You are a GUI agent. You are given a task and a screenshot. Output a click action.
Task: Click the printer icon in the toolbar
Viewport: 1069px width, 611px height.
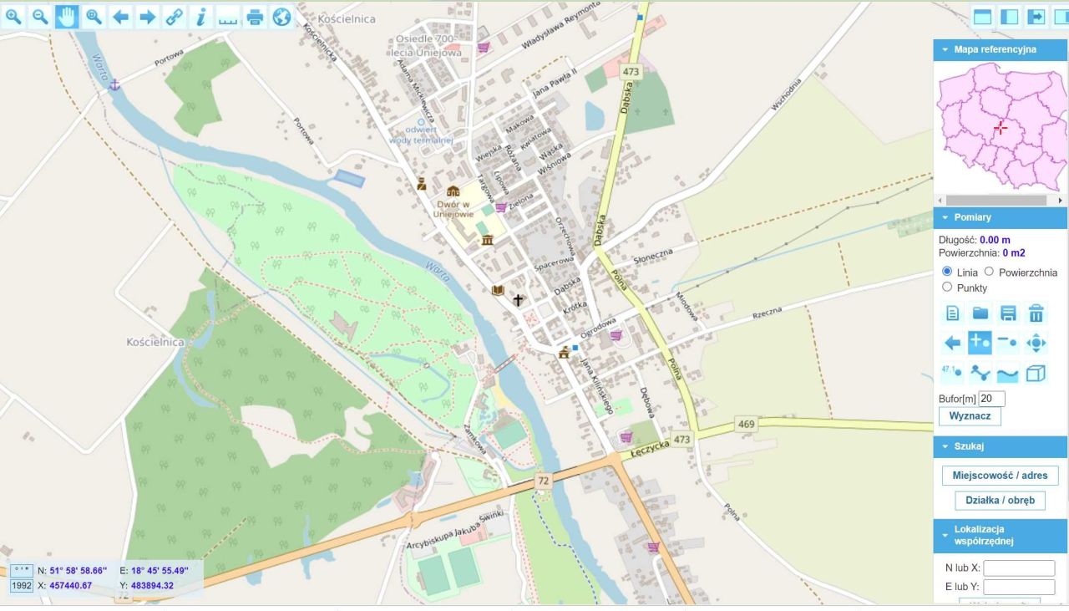pos(255,17)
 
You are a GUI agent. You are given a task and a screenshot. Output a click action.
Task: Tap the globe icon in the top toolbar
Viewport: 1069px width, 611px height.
pos(281,17)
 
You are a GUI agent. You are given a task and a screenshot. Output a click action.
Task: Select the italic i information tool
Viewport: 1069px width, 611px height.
pos(200,17)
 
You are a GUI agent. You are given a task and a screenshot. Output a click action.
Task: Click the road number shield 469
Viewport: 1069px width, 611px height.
pos(746,425)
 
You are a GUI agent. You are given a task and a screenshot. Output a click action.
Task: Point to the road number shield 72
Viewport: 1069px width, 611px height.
pos(544,481)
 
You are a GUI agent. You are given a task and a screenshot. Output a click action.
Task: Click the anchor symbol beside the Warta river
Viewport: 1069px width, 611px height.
pos(115,84)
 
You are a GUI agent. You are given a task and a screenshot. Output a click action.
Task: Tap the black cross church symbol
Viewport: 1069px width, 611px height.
pos(519,300)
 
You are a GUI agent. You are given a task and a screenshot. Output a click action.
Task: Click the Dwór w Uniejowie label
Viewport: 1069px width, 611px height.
pos(453,207)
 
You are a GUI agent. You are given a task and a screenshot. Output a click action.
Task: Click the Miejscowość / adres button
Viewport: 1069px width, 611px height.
pos(1000,476)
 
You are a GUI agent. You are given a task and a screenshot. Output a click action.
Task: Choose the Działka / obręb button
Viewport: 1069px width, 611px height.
pos(1000,501)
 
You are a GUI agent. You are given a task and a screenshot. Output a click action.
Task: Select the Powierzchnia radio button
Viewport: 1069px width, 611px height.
pos(989,272)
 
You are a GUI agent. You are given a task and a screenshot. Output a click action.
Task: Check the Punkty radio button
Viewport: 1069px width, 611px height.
pos(947,287)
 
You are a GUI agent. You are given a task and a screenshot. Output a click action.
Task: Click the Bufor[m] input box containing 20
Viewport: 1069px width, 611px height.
pos(991,399)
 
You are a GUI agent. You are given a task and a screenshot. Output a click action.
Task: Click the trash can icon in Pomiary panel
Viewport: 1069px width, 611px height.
pos(1036,313)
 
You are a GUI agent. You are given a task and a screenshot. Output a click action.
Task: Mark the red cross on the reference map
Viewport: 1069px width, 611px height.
pos(1001,128)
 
